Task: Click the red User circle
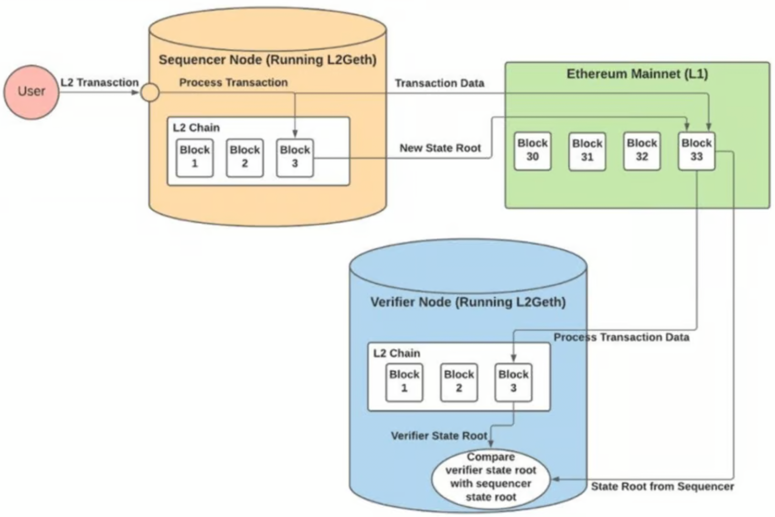(31, 92)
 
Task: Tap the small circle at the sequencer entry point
(150, 92)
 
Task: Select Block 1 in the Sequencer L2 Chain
(195, 157)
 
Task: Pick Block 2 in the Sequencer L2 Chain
(245, 157)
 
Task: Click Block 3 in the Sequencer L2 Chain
(295, 157)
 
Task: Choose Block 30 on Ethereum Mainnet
(532, 151)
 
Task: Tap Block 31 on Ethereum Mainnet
(587, 151)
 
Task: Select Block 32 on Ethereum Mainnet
(642, 151)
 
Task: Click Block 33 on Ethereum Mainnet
(696, 151)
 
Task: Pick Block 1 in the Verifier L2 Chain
(404, 382)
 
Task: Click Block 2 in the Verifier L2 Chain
(459, 382)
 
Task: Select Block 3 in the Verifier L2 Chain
(513, 382)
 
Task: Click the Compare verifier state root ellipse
(491, 478)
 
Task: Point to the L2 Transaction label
(100, 83)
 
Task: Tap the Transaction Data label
(439, 83)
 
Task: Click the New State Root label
(440, 148)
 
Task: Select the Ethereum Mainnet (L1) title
(637, 74)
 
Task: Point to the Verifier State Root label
(439, 436)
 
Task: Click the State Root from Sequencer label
(662, 487)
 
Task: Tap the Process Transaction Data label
(621, 337)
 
